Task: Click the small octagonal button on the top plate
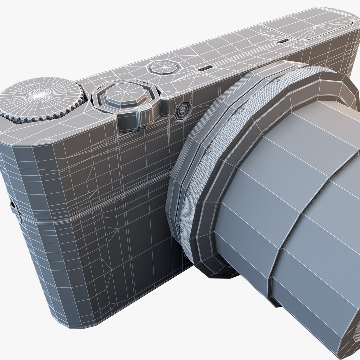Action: [164, 67]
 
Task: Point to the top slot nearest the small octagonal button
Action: [204, 68]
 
